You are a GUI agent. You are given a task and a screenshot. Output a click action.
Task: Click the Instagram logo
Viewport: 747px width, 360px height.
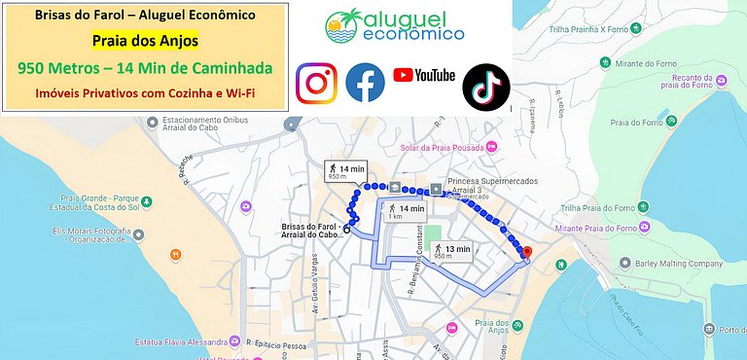315,83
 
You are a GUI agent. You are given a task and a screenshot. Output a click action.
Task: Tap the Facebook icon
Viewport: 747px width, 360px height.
365,83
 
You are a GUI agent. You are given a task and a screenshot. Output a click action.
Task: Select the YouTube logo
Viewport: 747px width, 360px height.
424,75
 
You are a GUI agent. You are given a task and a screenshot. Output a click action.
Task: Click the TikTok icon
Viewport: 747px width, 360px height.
485,85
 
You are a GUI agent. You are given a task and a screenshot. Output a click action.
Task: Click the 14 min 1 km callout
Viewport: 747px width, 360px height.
406,211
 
